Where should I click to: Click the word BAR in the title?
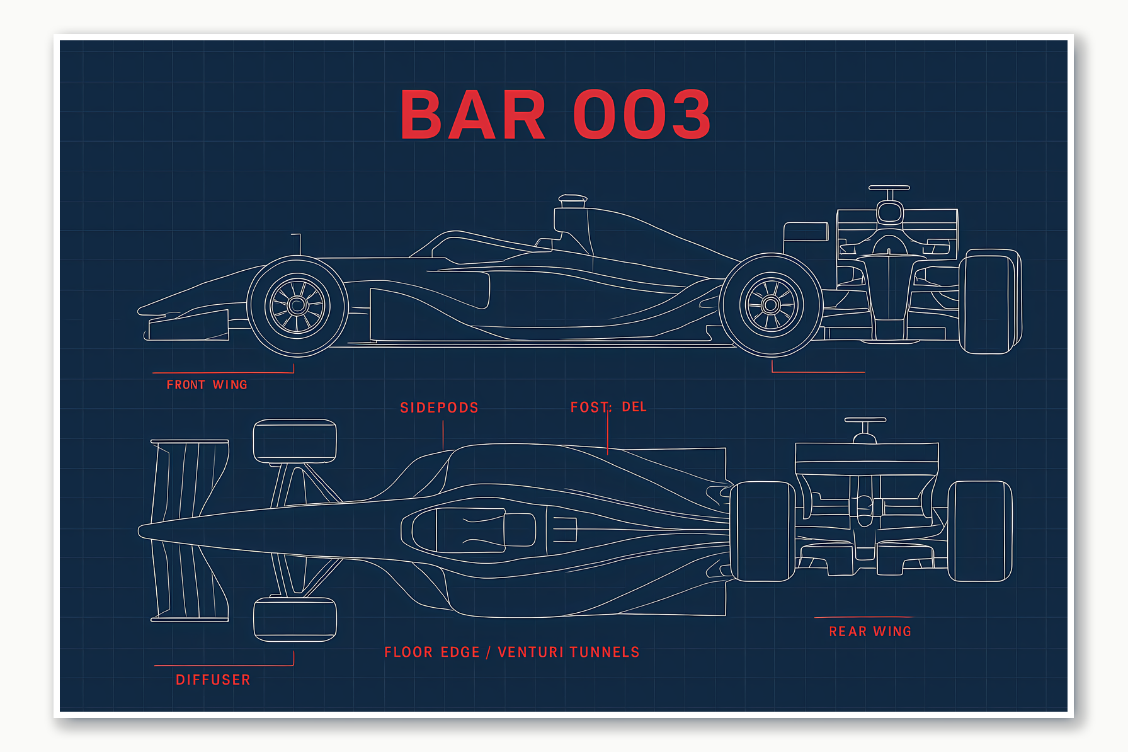coord(472,115)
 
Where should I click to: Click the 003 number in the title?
coord(642,115)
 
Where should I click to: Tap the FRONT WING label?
coord(207,385)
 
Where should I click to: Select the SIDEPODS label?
coord(439,408)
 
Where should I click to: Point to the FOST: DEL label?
coord(608,407)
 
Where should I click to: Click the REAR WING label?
coord(870,632)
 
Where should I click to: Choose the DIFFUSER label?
coord(213,680)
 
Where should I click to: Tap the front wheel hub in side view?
coord(297,305)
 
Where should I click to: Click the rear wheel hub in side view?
coord(771,305)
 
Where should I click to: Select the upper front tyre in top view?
coord(295,441)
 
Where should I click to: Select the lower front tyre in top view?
coord(295,619)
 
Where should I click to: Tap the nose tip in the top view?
coord(142,531)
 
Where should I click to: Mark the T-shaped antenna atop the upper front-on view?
coord(889,188)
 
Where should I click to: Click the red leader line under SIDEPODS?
coord(443,435)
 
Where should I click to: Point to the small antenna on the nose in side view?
coord(299,244)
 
